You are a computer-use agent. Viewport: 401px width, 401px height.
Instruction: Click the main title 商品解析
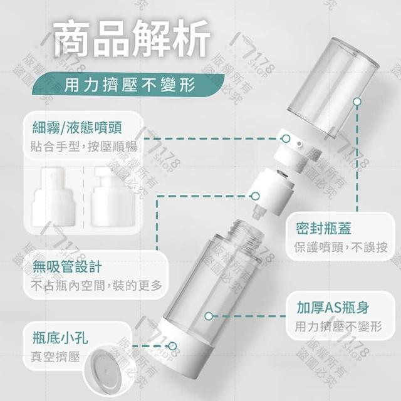[x=132, y=38]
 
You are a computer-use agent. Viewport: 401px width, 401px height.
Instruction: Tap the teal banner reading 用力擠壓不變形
[x=128, y=85]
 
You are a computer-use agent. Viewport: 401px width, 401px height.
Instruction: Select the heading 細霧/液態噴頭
[x=77, y=127]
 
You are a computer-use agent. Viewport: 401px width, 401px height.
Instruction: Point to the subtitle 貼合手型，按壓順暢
[x=83, y=146]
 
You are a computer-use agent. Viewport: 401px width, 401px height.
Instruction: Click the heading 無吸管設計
[x=67, y=267]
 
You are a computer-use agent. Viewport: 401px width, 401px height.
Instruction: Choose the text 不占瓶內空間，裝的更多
[x=96, y=286]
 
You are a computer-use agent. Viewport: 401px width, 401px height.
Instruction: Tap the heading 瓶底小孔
[x=60, y=338]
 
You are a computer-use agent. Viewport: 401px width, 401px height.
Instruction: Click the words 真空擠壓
[x=55, y=357]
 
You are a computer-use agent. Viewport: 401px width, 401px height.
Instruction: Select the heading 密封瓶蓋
[x=323, y=228]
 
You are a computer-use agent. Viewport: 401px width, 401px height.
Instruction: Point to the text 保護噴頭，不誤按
[x=341, y=247]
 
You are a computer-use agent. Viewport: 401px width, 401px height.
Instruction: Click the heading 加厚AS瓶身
[x=333, y=307]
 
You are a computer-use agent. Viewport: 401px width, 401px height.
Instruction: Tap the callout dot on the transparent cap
[x=357, y=102]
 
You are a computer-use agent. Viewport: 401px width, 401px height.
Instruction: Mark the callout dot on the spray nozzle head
[x=286, y=139]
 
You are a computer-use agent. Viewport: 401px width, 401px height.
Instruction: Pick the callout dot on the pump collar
[x=255, y=196]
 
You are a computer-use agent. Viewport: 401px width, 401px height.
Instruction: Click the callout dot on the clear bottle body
[x=209, y=316]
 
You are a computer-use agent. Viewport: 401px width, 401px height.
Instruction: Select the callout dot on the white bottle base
[x=173, y=346]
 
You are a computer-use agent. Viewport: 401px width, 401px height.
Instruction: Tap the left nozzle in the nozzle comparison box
[x=54, y=197]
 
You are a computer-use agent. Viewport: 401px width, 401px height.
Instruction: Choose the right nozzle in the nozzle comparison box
[x=113, y=197]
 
